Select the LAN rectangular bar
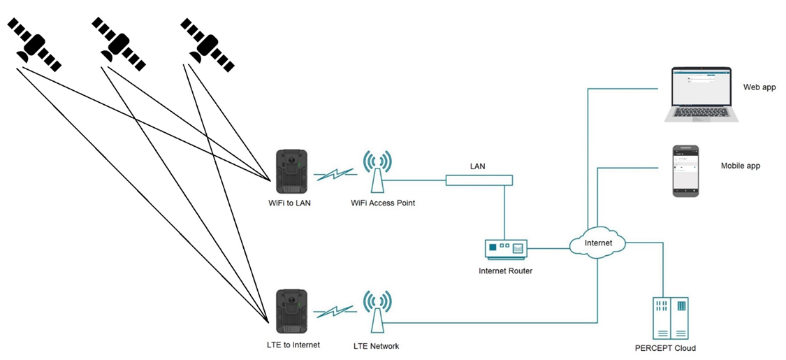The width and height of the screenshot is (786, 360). point(479,180)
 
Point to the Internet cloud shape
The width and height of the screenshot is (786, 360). point(597,243)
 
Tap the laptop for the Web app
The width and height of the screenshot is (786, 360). point(701,94)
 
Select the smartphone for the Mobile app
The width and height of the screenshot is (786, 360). point(685,171)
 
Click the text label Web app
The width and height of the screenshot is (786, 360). point(761,87)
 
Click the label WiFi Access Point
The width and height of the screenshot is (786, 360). point(383,203)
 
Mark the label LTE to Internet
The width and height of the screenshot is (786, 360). point(293,345)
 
